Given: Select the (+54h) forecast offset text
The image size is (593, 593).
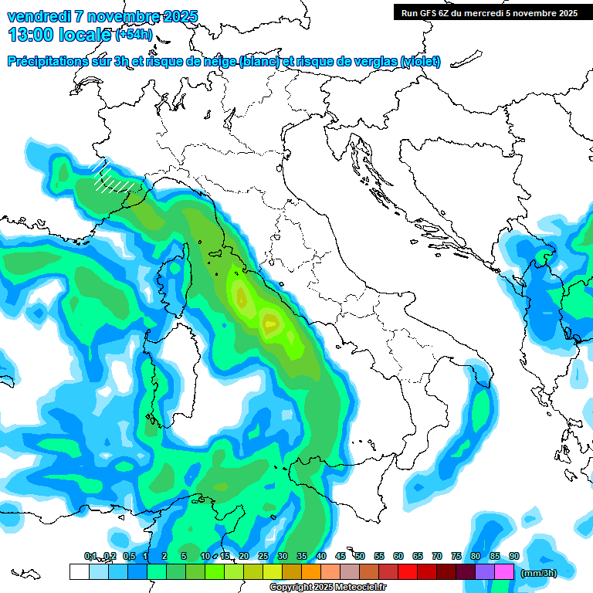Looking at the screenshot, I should [x=134, y=35].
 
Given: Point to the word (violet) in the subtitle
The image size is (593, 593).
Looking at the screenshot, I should [x=420, y=62].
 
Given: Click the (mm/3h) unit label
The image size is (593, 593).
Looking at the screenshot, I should [x=539, y=573].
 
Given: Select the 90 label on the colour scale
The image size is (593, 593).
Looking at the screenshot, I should [x=514, y=556].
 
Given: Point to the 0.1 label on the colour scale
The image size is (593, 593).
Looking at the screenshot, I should [x=90, y=556].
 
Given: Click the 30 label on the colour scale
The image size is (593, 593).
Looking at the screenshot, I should [x=283, y=556].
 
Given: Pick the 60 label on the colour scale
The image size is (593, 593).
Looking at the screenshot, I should [x=398, y=556].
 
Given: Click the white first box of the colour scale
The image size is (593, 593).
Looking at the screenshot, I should [x=79, y=572].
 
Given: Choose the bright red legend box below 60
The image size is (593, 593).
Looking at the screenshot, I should [x=408, y=572].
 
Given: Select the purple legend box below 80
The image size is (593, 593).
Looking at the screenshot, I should [x=485, y=572].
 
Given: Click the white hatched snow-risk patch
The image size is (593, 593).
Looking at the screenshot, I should [x=108, y=178].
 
